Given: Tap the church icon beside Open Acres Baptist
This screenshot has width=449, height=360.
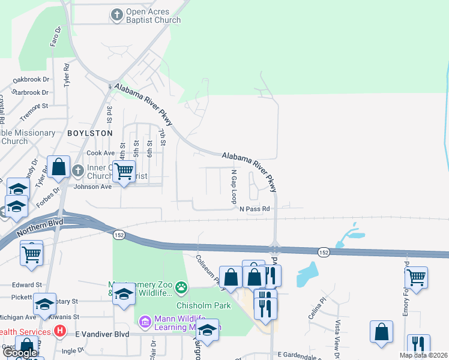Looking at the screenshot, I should tap(117, 13).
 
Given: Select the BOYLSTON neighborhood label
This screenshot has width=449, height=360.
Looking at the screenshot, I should tap(90, 133).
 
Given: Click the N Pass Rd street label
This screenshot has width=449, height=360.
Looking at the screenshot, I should tap(255, 209).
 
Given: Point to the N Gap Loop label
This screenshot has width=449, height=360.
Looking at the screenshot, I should tap(234, 186).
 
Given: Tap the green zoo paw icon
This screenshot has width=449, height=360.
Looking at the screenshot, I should tap(181, 289).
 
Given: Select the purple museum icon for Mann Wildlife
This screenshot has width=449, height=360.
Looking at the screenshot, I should tap(145, 322).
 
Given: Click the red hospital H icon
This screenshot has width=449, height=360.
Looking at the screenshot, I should tap(59, 331).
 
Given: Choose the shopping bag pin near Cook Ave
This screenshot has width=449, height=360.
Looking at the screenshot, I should tap(59, 167).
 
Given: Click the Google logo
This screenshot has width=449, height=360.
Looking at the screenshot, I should tap(19, 353).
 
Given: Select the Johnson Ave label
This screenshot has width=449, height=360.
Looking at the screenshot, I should tap(92, 187).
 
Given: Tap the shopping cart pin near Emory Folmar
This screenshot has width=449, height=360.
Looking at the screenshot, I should tap(415, 277).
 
